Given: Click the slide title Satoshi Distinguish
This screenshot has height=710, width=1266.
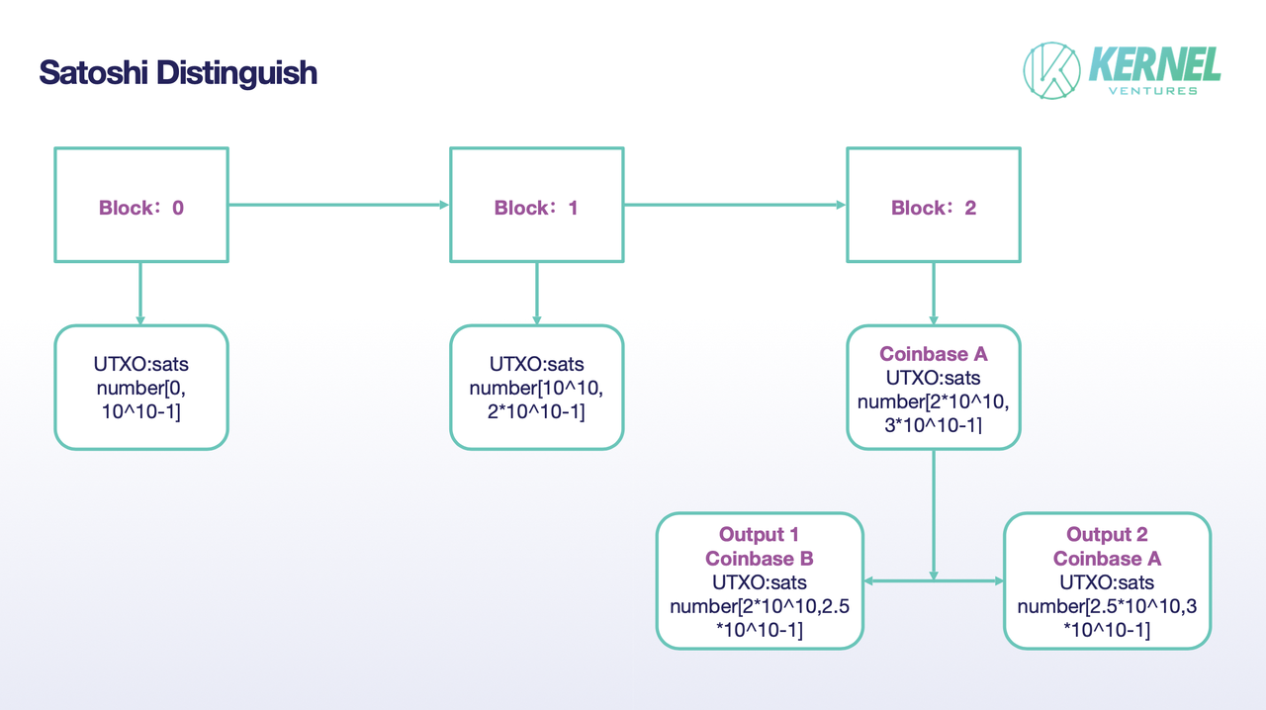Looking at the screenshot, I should coord(178,72).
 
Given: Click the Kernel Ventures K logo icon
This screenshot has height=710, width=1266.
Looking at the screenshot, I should coord(1051,71).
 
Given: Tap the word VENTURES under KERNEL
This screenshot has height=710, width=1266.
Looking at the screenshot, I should coord(1154,91).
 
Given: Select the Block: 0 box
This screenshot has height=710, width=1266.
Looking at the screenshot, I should coord(140,206).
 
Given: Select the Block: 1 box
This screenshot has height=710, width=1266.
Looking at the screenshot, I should coord(536,206).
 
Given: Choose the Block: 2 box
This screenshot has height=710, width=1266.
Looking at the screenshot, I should coord(933,206).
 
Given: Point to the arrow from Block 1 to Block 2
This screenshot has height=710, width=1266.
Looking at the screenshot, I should coord(734,206).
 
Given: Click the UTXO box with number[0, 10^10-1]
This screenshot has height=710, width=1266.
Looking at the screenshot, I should coord(140,388).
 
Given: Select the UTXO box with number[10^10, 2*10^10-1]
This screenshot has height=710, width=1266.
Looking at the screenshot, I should coord(536,388).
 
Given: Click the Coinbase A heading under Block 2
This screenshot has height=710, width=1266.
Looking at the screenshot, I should coord(933,354).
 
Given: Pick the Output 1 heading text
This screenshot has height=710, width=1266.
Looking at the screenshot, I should coord(759,535).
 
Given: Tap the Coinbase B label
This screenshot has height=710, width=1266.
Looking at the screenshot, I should coord(759,559).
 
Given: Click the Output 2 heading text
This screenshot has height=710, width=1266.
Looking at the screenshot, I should coord(1107,535).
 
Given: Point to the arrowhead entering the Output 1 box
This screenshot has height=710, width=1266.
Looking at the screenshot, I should coord(870,580).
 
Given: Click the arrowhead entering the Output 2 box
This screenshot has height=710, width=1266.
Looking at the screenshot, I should coord(997,580).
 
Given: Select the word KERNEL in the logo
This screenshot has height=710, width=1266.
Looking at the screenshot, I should coord(1154,64).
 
